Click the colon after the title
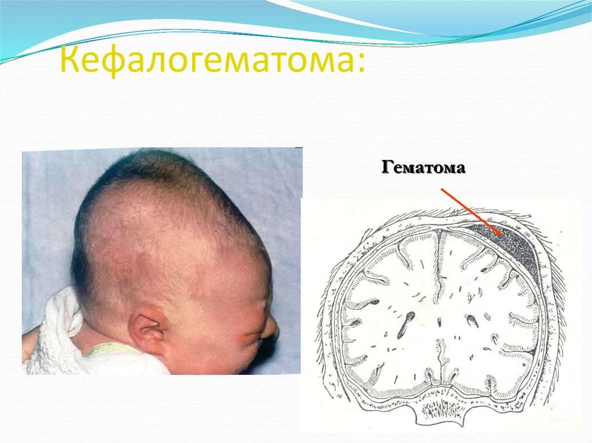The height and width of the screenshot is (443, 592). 361,62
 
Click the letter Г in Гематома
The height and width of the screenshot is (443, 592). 388,167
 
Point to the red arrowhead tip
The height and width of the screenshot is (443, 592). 502,236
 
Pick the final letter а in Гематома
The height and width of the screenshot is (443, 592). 460,169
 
